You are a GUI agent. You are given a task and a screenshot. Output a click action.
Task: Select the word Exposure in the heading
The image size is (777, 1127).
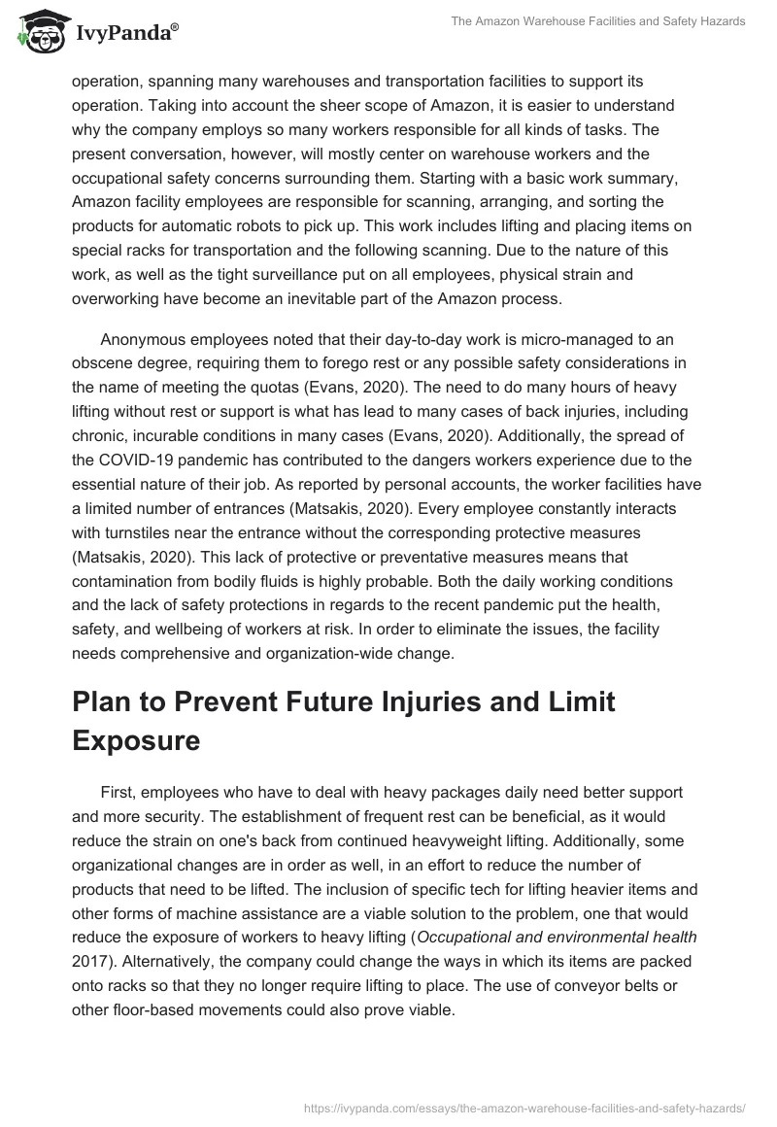[x=136, y=714]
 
